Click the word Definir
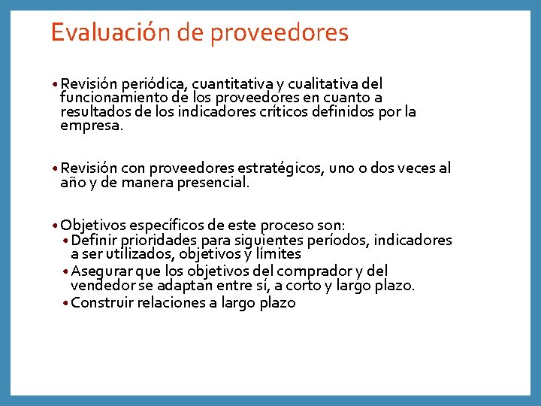click(x=95, y=241)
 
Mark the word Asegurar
click(x=99, y=271)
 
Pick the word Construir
click(x=102, y=303)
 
